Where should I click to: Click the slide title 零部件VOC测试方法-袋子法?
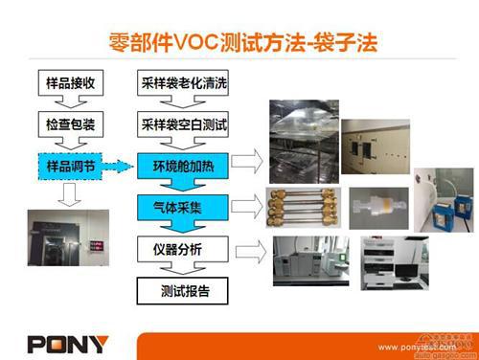(239, 41)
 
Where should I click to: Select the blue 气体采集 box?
(179, 206)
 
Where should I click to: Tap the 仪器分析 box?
(179, 249)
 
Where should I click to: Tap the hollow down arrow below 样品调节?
(70, 194)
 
